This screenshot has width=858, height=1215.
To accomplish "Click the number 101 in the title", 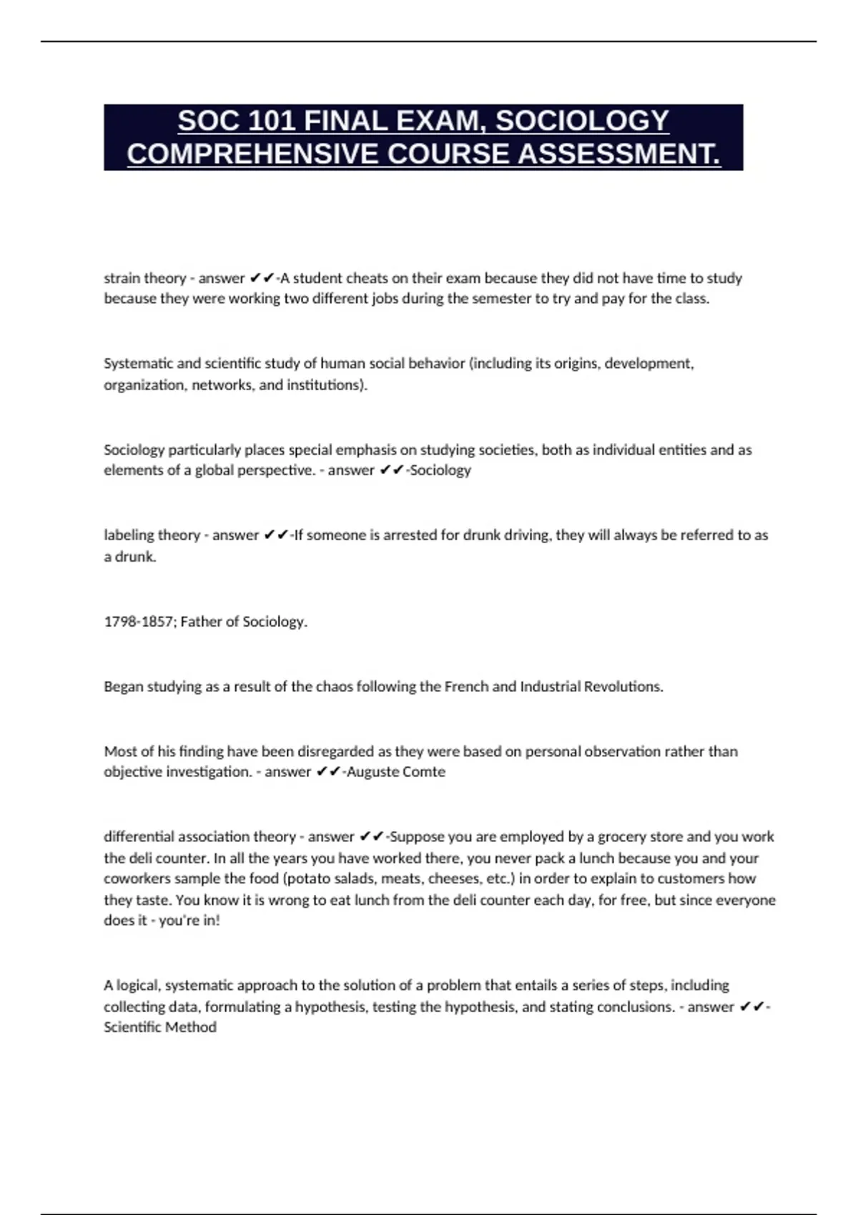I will coord(272,121).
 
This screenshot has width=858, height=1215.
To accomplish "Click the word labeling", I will coord(129,535).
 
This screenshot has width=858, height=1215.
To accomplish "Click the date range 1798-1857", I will coord(139,622).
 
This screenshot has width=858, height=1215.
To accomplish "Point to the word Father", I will coord(201,622).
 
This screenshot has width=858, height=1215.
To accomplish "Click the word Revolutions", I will coord(621,687).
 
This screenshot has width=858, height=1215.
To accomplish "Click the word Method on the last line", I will coord(192,1027).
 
